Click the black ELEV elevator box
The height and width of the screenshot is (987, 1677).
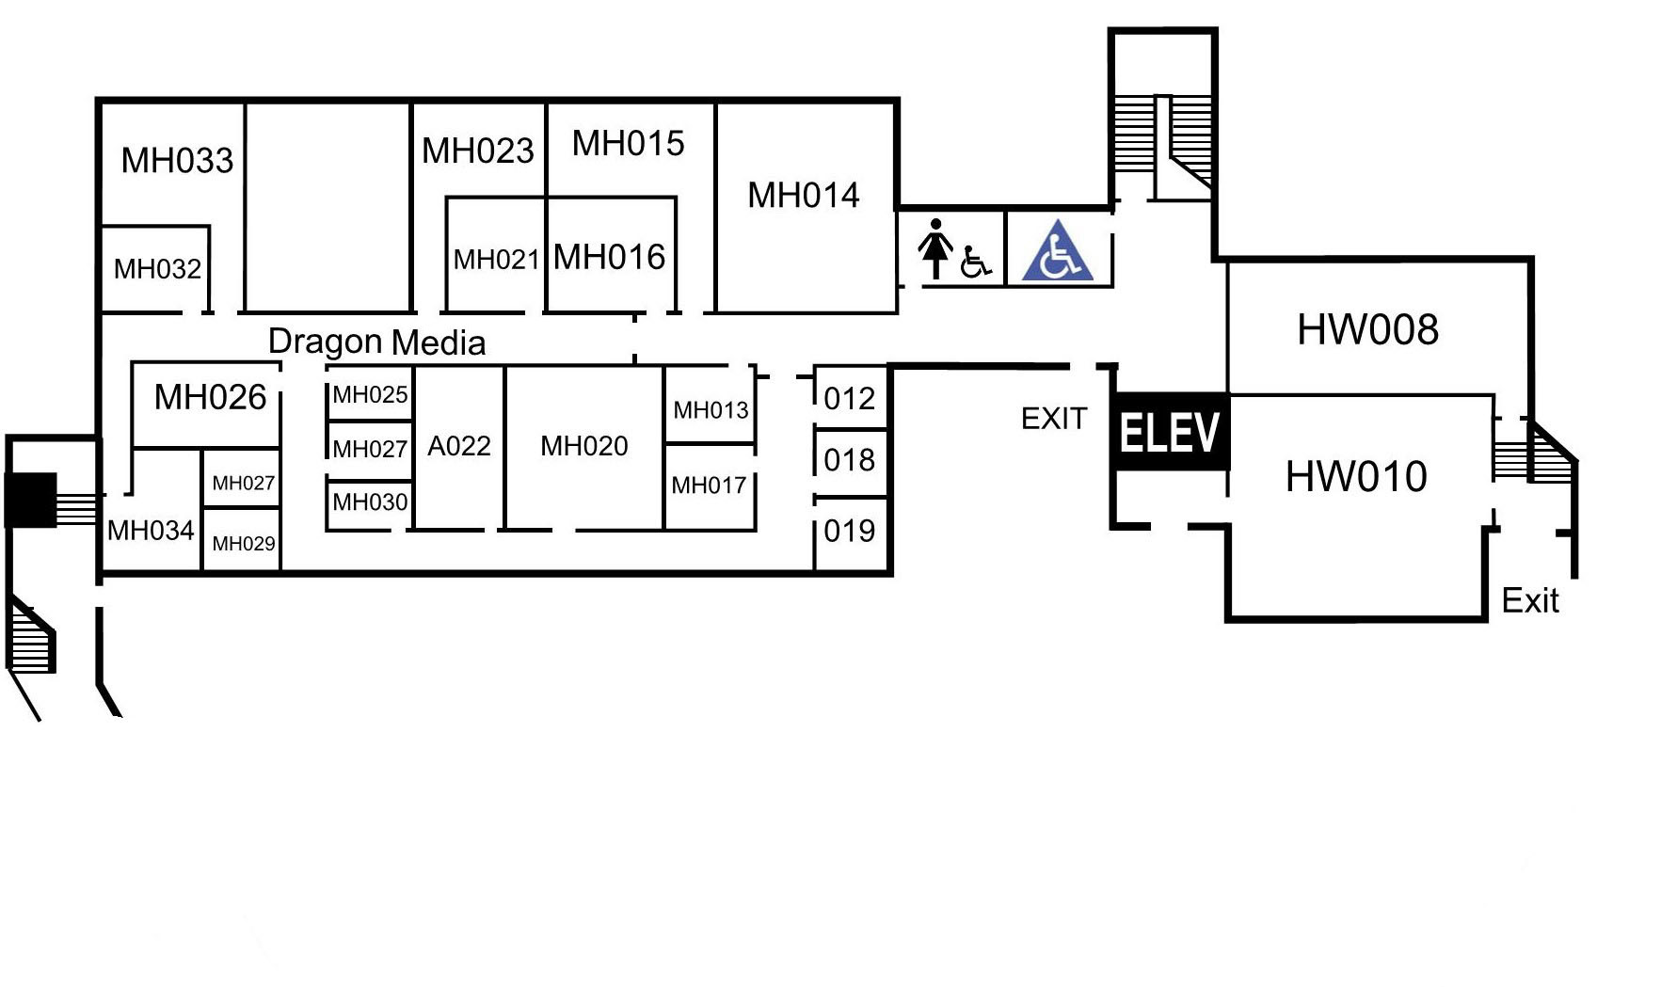[x=1170, y=432]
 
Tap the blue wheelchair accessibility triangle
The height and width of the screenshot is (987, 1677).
[x=1058, y=251]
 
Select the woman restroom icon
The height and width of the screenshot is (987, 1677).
[x=934, y=248]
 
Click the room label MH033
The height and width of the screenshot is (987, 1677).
[x=177, y=160]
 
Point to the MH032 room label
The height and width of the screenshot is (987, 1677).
[x=157, y=269]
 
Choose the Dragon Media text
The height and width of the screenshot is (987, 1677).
[x=376, y=342]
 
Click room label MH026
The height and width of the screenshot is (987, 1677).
[x=210, y=397]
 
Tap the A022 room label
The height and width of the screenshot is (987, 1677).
[x=459, y=446]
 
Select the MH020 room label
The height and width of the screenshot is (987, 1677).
[x=583, y=446]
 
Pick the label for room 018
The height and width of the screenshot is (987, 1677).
[x=849, y=460]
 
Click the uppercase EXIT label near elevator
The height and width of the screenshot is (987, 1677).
[x=1054, y=419]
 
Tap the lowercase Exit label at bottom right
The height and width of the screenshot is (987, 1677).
[x=1530, y=600]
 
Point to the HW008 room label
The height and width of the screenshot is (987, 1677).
[x=1367, y=329]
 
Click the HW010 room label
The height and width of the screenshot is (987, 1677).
[x=1356, y=476]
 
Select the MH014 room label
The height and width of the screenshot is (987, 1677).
[x=803, y=196]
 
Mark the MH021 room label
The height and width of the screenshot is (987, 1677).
[x=496, y=259]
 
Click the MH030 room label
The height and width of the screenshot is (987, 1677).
[x=370, y=501]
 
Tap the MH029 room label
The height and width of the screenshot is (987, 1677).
[x=244, y=543]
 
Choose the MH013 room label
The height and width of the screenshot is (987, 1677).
[x=711, y=410]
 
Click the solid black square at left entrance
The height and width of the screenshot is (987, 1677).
[x=30, y=500]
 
